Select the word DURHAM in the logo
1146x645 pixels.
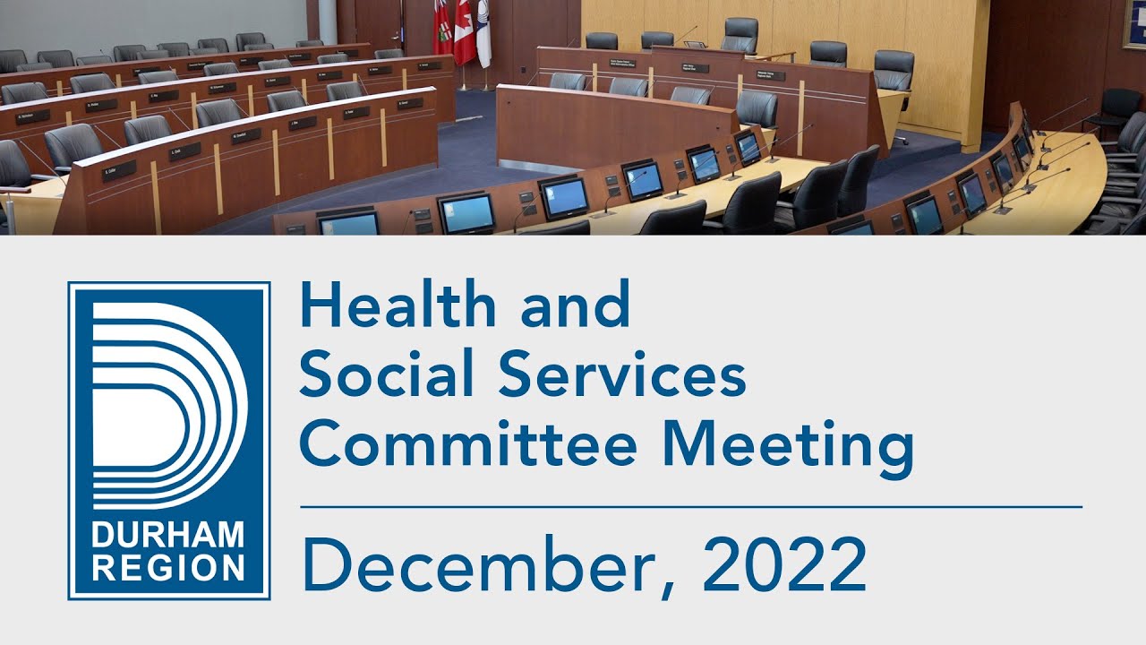coord(168,537)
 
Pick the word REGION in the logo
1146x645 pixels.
coord(168,567)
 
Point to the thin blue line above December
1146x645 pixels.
coord(690,506)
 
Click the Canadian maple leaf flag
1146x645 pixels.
coord(464,31)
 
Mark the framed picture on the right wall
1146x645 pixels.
coord(1133,22)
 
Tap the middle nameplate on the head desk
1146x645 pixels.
coord(694,67)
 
